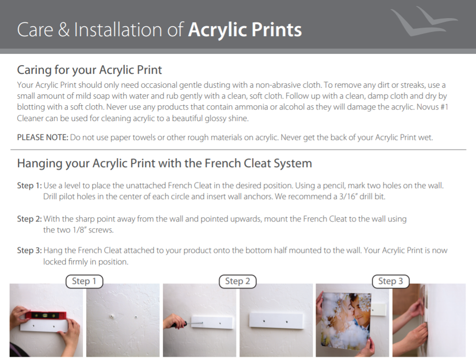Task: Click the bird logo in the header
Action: coord(424,22)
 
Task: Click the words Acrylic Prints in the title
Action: coord(245,30)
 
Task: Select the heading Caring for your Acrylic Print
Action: coord(89,70)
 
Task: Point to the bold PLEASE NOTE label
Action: coord(42,138)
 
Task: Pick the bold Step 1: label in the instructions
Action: coord(30,185)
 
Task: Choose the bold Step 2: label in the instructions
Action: coord(30,219)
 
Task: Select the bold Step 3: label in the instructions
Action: coord(30,250)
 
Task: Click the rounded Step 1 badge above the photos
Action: coord(84,281)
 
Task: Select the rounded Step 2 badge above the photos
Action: coord(238,281)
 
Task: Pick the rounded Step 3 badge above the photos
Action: coord(391,281)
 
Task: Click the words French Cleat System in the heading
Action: coord(258,163)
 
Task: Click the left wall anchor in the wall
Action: coord(112,316)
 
